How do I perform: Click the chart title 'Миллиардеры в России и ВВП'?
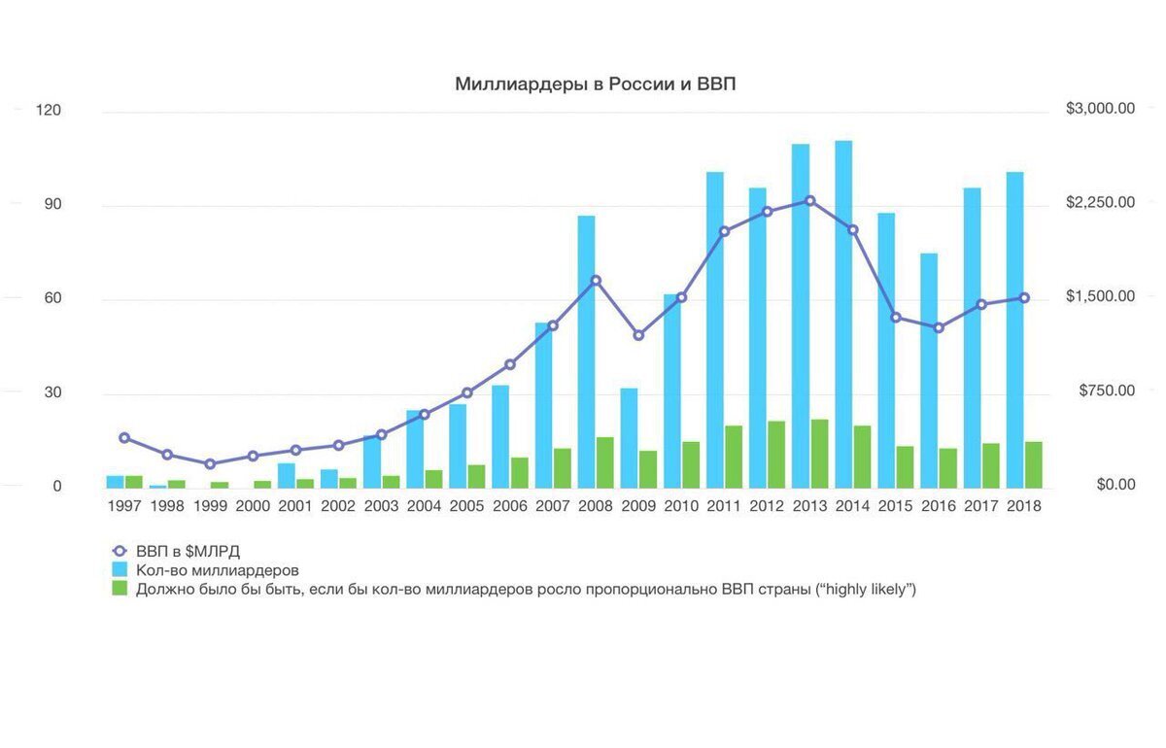tap(596, 85)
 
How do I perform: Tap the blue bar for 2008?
tap(586, 350)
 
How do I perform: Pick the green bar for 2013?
tap(819, 454)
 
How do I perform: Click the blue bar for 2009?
tap(629, 437)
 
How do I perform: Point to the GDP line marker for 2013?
tap(809, 201)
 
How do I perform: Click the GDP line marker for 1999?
tap(210, 464)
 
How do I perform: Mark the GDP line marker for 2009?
tap(638, 335)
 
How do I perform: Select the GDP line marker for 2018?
tap(1024, 298)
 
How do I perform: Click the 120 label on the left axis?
tap(48, 110)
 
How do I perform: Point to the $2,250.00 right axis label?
tap(1100, 202)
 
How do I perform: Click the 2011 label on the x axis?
tap(724, 506)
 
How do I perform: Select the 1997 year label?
tap(124, 506)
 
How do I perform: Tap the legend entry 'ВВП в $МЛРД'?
tap(188, 551)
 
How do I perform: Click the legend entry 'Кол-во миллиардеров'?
tap(217, 570)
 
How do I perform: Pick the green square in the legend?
tap(120, 589)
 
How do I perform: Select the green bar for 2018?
tap(1034, 464)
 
